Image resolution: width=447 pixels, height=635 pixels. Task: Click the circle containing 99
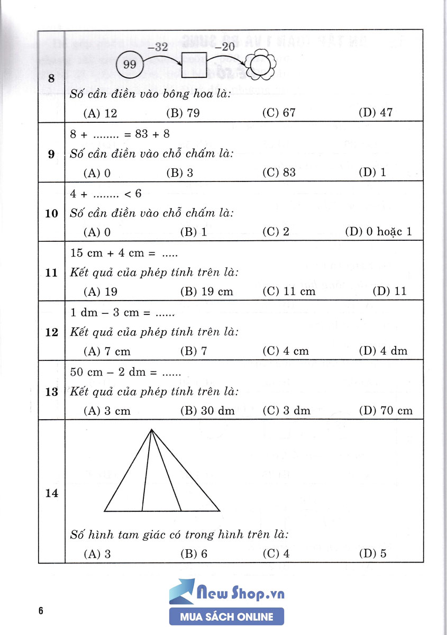(x=129, y=65)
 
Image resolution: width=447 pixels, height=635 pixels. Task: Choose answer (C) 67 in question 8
(x=279, y=113)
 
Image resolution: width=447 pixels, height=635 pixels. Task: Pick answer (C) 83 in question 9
(x=279, y=173)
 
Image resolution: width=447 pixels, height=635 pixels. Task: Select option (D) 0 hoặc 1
(x=378, y=232)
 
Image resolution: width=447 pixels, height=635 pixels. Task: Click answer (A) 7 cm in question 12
(x=107, y=351)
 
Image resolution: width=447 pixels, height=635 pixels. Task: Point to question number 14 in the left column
(x=51, y=493)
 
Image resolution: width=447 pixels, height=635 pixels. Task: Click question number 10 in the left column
(x=51, y=214)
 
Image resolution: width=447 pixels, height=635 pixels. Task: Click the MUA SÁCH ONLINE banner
(x=226, y=616)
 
